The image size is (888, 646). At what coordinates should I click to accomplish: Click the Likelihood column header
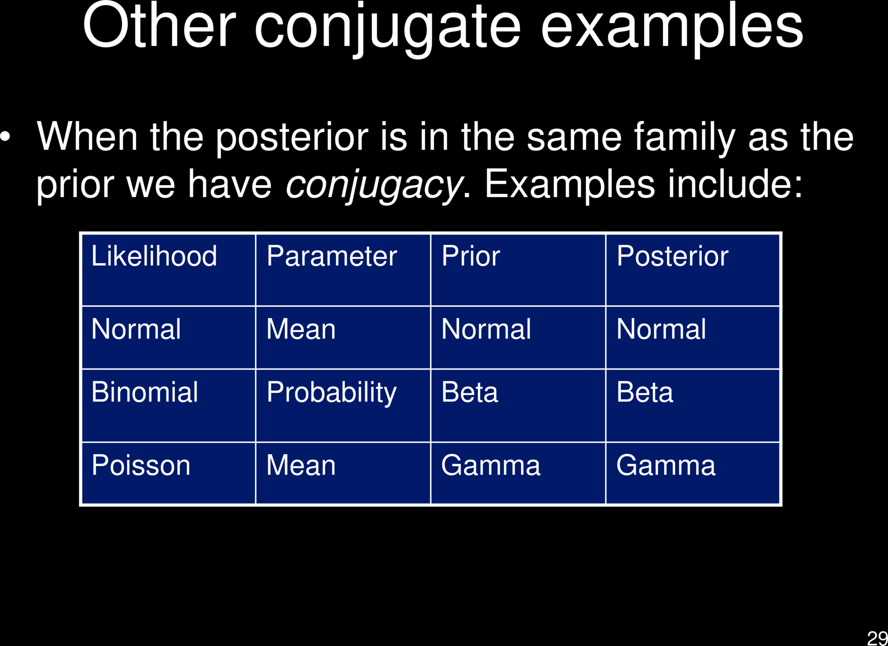tap(154, 256)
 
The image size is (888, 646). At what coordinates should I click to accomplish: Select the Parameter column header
tap(332, 256)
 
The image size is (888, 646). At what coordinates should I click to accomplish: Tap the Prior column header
tap(471, 256)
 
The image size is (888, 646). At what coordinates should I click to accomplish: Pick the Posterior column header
tap(672, 256)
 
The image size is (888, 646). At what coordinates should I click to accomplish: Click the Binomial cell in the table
tap(144, 392)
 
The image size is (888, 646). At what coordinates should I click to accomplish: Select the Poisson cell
tap(141, 465)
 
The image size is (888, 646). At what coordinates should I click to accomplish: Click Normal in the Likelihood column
tap(136, 329)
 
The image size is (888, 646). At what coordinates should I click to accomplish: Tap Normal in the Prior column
tap(486, 329)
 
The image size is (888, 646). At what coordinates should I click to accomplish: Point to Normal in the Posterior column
tap(661, 329)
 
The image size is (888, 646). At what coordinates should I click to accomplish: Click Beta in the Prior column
tap(470, 392)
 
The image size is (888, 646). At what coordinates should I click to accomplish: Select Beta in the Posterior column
tap(645, 392)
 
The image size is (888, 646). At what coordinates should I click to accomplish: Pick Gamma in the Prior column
tap(491, 465)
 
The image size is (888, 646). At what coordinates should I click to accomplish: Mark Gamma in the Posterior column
tap(666, 465)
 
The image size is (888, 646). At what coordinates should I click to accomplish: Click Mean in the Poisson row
tap(301, 465)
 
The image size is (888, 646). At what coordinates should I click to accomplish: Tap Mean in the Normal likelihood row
tap(301, 329)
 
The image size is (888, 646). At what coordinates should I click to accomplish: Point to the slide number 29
tap(877, 638)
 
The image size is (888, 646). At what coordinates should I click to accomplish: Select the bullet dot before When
tap(5, 137)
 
